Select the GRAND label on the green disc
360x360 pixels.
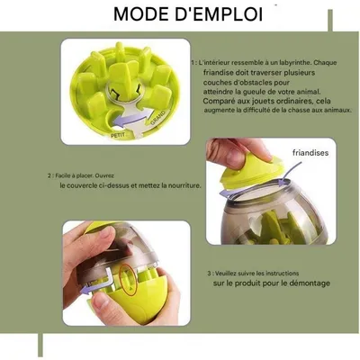[x=157, y=119]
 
